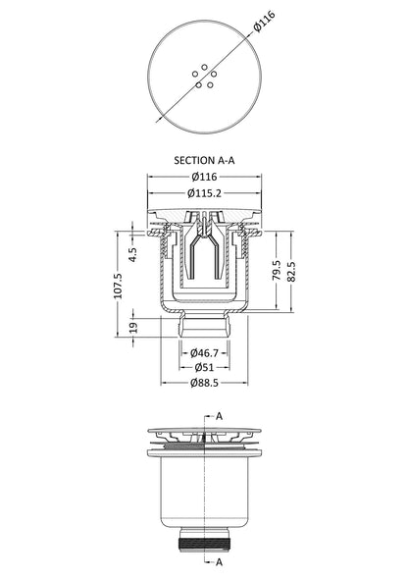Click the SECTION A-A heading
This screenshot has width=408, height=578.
(204, 160)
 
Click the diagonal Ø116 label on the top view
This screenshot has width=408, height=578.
(265, 22)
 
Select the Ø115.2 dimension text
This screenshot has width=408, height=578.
(204, 192)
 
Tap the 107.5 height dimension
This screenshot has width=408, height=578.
(118, 286)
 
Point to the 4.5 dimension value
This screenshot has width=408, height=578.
(132, 254)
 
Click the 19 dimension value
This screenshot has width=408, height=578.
(133, 328)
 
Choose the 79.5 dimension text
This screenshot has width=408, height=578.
(277, 271)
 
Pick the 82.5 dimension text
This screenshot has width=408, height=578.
(291, 272)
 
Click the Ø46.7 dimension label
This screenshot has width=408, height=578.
(204, 353)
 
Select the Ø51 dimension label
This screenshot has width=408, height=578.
(204, 367)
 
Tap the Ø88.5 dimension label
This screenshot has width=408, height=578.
(204, 383)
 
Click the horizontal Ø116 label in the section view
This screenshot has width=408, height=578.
(204, 177)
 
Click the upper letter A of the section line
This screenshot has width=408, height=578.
(219, 416)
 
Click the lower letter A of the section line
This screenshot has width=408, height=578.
(219, 562)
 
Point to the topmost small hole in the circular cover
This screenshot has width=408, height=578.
(205, 67)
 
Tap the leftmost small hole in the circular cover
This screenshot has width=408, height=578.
(195, 75)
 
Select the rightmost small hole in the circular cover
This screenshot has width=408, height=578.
(214, 75)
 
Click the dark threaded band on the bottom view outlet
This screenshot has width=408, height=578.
(204, 545)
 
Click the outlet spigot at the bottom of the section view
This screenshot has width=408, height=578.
(204, 325)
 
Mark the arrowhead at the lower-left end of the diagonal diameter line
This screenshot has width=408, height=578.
(159, 119)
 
